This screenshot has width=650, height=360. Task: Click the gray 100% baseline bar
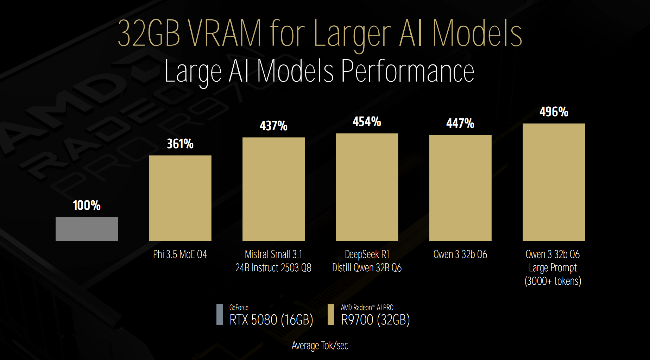(87, 229)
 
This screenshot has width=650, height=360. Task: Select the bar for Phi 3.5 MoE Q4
(180, 198)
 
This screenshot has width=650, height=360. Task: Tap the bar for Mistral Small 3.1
(273, 189)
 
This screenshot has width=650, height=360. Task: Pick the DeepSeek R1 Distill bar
(367, 187)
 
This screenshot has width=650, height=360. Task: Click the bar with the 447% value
(460, 188)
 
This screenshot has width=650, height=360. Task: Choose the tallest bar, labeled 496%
(554, 182)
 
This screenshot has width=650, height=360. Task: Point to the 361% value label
(180, 144)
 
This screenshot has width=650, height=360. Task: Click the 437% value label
(273, 126)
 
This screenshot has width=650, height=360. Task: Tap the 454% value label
(367, 122)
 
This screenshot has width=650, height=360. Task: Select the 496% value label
(554, 112)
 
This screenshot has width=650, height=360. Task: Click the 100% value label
(87, 205)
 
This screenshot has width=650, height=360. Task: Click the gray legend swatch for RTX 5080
(220, 314)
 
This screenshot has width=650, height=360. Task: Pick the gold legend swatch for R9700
(331, 314)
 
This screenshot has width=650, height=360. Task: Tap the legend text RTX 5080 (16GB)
(271, 320)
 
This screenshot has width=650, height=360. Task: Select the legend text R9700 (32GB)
(376, 320)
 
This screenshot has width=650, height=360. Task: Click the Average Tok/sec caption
(320, 346)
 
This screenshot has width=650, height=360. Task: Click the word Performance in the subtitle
(408, 71)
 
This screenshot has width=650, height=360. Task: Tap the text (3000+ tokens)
(553, 281)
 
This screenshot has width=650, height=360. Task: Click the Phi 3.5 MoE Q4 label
(180, 254)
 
